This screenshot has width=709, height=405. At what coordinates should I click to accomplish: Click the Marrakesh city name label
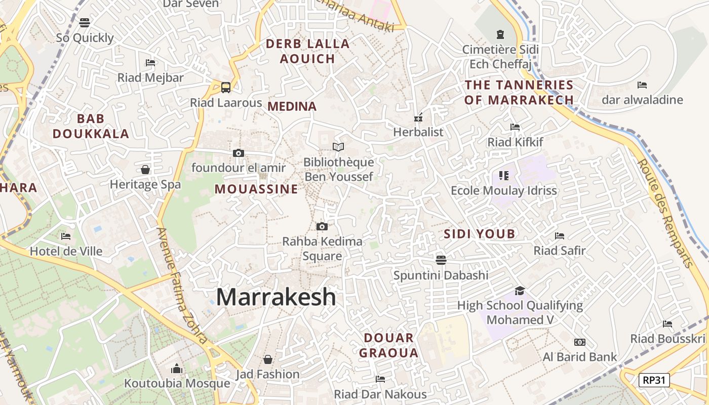[x=276, y=297]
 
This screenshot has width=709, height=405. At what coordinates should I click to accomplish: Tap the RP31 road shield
[x=654, y=380]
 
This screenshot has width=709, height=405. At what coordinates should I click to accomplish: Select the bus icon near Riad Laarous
[x=226, y=87]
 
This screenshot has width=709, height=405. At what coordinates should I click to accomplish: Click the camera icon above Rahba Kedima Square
[x=322, y=226]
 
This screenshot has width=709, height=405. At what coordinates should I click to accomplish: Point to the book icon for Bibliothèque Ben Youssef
[x=338, y=147]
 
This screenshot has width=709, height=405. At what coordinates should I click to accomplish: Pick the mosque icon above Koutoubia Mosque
[x=177, y=369]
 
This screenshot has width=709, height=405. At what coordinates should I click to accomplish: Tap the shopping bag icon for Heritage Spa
[x=145, y=170]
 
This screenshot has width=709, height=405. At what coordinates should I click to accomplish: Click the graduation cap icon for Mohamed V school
[x=520, y=291]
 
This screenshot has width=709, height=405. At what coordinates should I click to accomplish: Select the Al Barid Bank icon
[x=579, y=342]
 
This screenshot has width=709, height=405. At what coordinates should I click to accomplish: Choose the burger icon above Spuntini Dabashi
[x=441, y=260]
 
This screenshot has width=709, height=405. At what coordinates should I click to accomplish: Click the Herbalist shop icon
[x=418, y=117]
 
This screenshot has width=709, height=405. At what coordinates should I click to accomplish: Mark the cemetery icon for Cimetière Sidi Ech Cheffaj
[x=500, y=34]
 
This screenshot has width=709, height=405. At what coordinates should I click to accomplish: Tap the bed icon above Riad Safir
[x=559, y=236]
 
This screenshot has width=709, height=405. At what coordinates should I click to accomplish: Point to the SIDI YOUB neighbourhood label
[x=479, y=234]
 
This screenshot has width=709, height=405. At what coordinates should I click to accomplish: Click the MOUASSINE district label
[x=256, y=189]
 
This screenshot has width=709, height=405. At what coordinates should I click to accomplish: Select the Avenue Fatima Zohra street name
[x=182, y=285]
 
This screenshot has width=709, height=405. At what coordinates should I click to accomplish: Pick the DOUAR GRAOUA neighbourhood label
[x=389, y=345]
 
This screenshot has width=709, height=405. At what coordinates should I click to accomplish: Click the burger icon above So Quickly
[x=85, y=22]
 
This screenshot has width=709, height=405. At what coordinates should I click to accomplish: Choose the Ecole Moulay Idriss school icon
[x=503, y=176]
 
